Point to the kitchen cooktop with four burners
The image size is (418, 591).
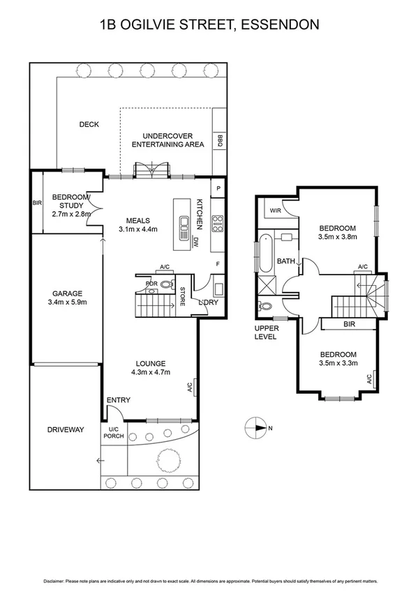pos(217,224)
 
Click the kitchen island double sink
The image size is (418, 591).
pos(187,224)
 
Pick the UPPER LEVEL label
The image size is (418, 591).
pos(266,332)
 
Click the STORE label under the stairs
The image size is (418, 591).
pos(183,296)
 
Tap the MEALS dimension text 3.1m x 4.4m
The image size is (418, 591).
pos(139,229)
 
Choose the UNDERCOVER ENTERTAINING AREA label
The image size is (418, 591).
pos(167,140)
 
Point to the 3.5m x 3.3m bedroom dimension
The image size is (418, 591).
pos(338,363)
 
